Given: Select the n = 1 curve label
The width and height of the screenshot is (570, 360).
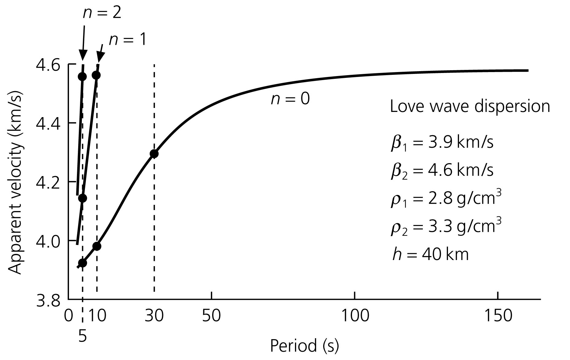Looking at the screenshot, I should [128, 40].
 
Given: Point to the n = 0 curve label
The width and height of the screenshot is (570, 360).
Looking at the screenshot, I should [290, 99].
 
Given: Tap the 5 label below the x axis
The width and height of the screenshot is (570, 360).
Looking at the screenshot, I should [82, 337].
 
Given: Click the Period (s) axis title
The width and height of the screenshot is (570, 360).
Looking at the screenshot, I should [304, 346].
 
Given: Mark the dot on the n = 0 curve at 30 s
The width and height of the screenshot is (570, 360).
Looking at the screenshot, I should [154, 154].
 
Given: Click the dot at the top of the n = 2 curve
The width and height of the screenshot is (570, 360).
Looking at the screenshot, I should [82, 76].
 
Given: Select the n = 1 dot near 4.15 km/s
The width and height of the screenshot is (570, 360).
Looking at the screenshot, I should [82, 198].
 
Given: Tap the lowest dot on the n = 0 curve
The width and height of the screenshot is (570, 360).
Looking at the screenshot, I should [82, 263].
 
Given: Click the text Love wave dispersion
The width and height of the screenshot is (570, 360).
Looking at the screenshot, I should [470, 107].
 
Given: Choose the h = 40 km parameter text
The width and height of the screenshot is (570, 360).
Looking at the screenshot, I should [430, 255].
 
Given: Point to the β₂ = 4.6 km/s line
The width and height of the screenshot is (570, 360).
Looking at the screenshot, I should [442, 170].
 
